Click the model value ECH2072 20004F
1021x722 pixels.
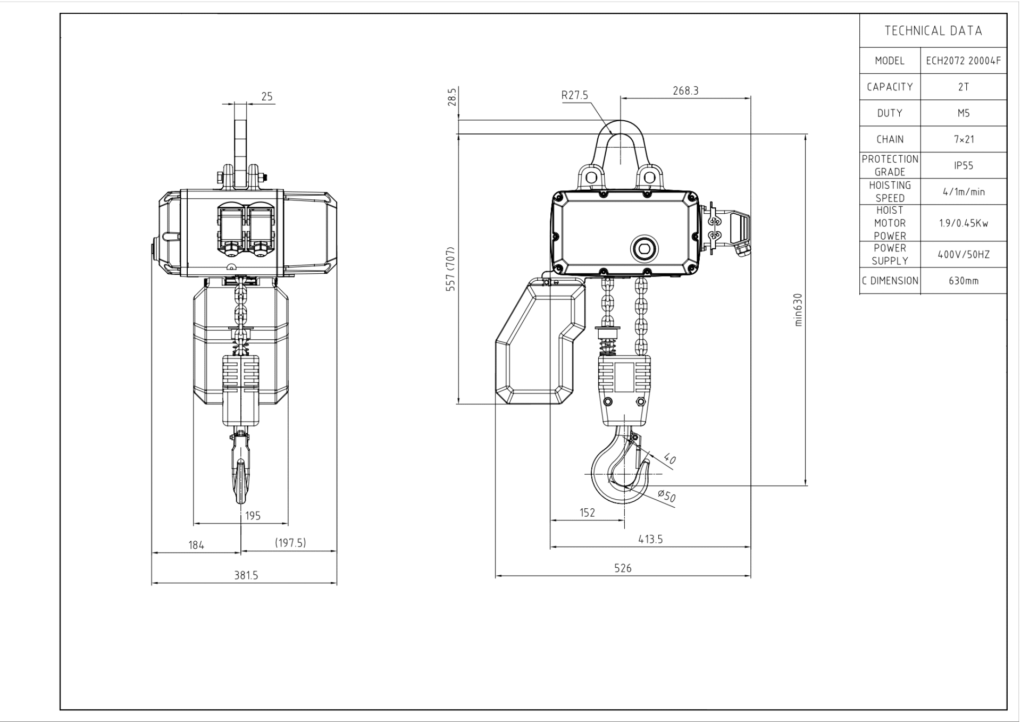tap(963, 61)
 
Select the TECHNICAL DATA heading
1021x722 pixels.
tap(933, 31)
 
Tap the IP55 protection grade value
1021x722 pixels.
tap(964, 165)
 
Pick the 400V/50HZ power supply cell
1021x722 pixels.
tap(964, 255)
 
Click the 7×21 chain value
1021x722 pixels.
tap(964, 139)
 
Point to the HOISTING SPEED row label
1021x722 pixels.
tap(890, 191)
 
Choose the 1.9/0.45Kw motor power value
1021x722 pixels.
tap(964, 223)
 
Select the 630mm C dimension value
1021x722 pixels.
tap(964, 281)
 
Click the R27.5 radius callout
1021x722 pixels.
tap(575, 95)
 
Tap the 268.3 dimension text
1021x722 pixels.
tap(685, 91)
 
